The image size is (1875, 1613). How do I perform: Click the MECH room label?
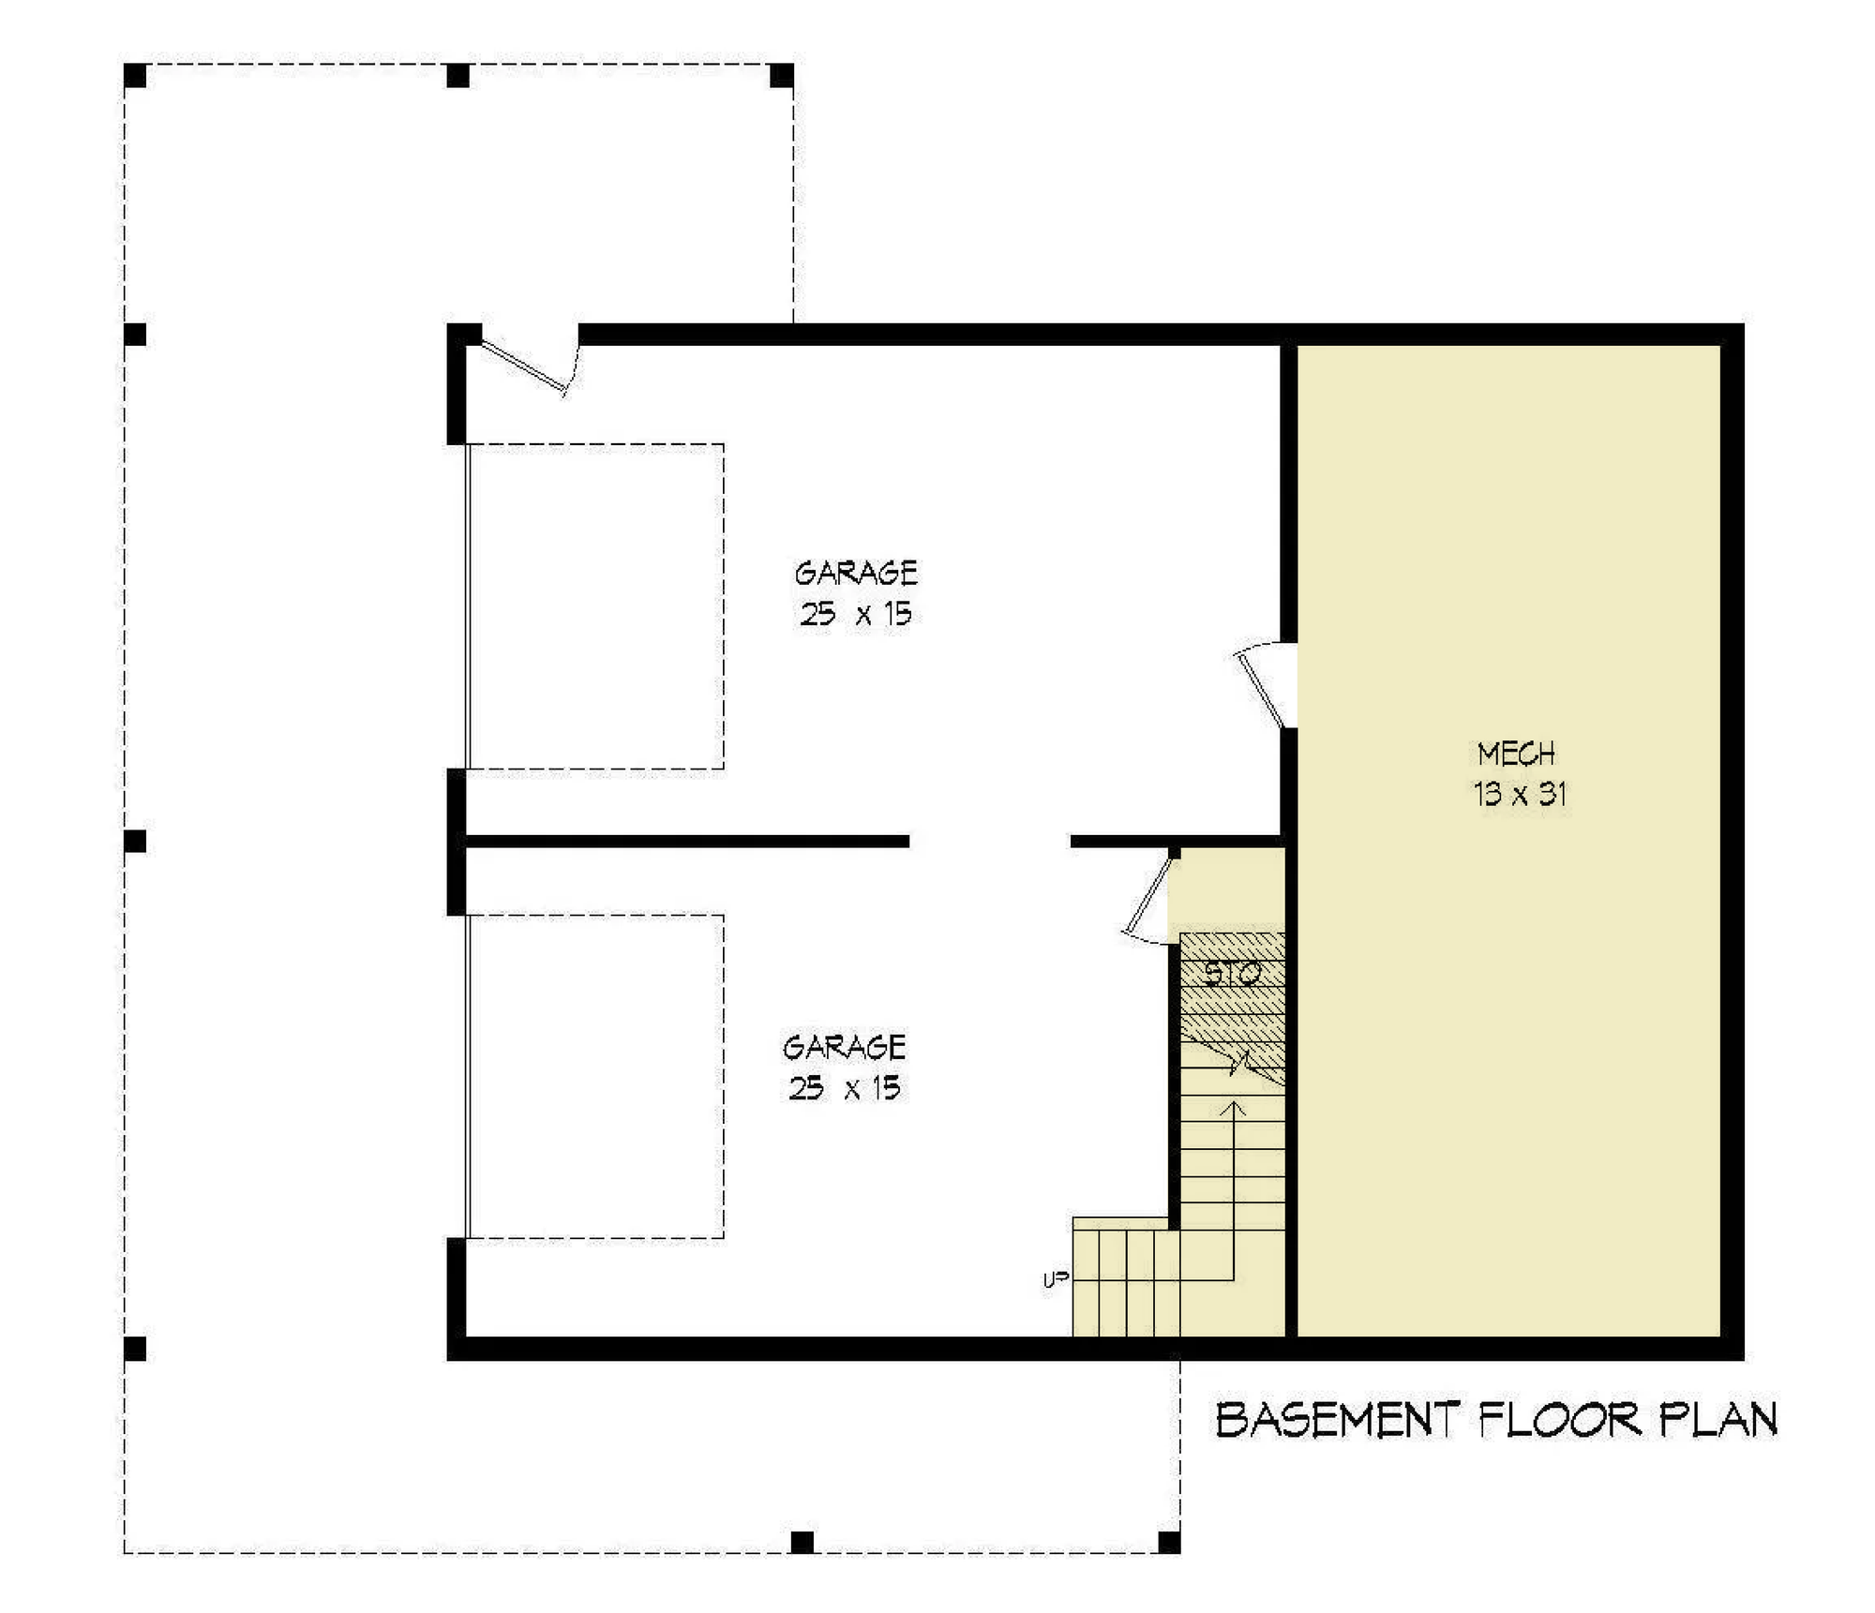(x=1516, y=754)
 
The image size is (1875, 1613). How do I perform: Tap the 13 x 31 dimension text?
(x=1520, y=794)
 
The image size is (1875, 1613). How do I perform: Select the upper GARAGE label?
(x=856, y=573)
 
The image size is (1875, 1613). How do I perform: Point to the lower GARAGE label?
(x=845, y=1046)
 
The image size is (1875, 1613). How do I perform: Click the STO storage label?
(x=1232, y=975)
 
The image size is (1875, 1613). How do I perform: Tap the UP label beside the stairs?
(x=1056, y=1280)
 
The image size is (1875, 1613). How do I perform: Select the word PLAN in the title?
(x=1717, y=1420)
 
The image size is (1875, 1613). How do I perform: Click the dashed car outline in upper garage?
(x=595, y=606)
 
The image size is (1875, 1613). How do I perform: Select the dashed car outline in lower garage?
(x=595, y=1076)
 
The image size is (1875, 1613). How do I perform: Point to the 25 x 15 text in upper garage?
(x=856, y=614)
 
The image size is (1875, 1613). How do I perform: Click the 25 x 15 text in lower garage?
(x=845, y=1087)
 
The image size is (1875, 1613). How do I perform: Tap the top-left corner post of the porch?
(x=135, y=75)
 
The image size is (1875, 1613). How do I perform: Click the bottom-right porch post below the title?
(x=1169, y=1542)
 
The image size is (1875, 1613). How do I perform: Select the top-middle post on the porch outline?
(x=457, y=75)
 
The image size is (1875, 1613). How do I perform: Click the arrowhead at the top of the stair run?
(x=1235, y=1109)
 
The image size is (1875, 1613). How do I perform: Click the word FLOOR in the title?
(x=1560, y=1420)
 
